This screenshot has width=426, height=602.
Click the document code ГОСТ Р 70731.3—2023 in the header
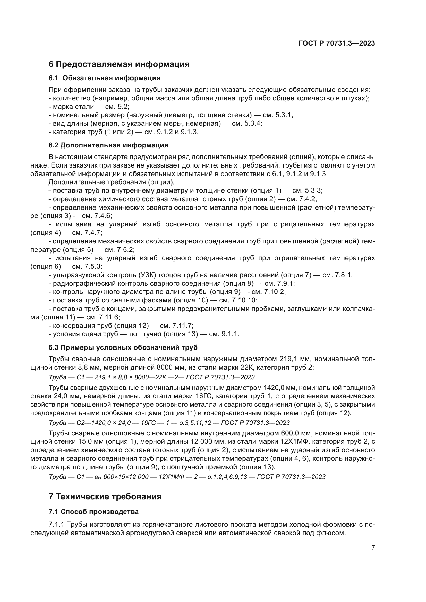point(337,43)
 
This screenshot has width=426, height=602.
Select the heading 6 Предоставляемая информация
point(119,64)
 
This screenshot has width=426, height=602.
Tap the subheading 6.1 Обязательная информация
point(104,78)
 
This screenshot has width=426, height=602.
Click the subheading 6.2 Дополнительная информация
point(108,145)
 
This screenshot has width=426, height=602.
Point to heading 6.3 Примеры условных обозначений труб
point(123,347)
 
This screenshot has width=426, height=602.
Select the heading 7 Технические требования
point(105,496)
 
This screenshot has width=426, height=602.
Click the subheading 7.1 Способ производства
point(94,512)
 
